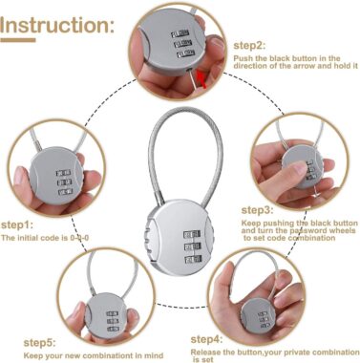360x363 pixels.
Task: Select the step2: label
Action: tap(250, 44)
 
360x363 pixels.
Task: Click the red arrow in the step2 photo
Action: tap(202, 78)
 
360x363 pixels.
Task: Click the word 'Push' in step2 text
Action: tap(243, 57)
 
